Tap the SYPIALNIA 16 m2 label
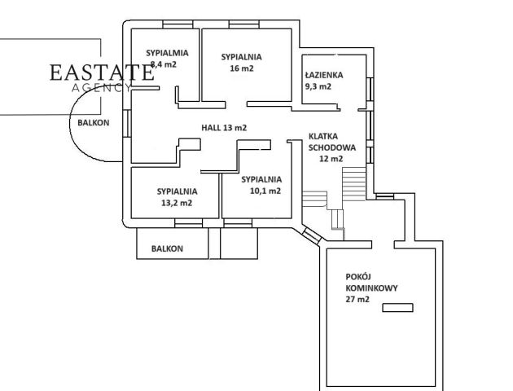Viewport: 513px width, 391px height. pyautogui.click(x=241, y=63)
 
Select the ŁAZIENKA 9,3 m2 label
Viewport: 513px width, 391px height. pyautogui.click(x=323, y=80)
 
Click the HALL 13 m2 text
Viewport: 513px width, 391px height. pyautogui.click(x=224, y=128)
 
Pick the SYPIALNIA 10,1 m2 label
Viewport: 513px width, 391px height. pyautogui.click(x=261, y=185)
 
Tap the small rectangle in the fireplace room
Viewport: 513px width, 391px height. pyautogui.click(x=397, y=307)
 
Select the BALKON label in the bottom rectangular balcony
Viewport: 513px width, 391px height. pyautogui.click(x=167, y=248)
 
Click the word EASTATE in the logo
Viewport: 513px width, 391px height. pyautogui.click(x=101, y=72)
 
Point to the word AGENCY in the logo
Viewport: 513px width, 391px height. pyautogui.click(x=101, y=86)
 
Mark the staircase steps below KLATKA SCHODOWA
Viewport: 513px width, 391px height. pyautogui.click(x=353, y=180)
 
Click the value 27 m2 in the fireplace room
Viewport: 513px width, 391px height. pyautogui.click(x=357, y=300)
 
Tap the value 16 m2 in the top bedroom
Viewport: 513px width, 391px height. pyautogui.click(x=242, y=68)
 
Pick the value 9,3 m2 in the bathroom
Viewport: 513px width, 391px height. pyautogui.click(x=318, y=86)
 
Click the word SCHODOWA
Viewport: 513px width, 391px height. pyautogui.click(x=332, y=147)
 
